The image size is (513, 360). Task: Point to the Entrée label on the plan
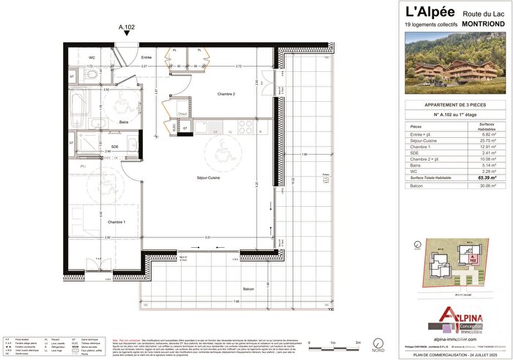[147, 56]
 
